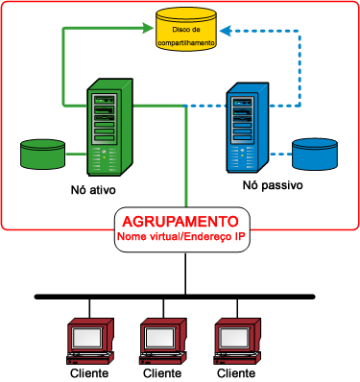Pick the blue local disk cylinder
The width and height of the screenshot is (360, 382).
click(x=316, y=153)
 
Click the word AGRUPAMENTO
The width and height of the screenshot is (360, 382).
click(x=180, y=219)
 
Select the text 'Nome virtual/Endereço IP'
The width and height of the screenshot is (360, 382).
click(x=180, y=235)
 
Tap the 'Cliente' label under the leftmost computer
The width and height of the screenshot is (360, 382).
click(x=88, y=372)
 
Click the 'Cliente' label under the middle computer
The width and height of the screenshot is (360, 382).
click(x=161, y=372)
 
